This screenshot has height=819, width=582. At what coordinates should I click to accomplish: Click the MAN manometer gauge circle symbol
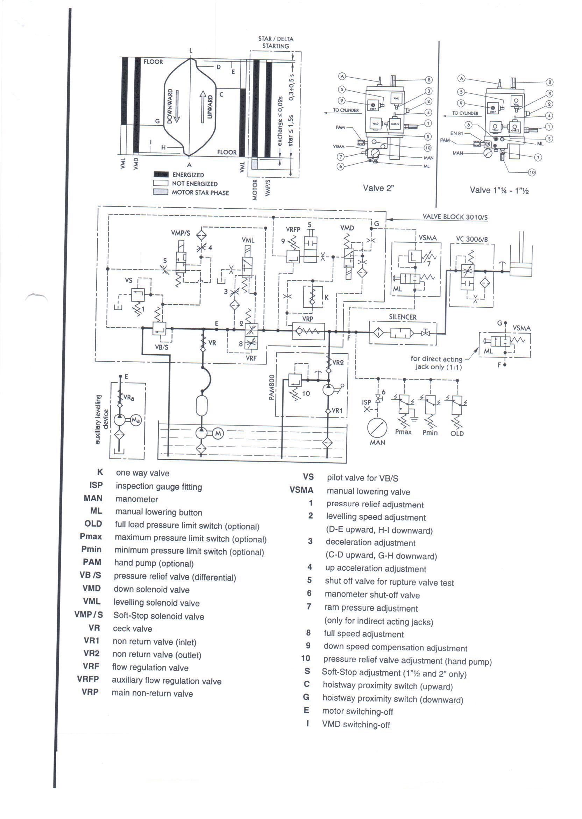click(x=377, y=428)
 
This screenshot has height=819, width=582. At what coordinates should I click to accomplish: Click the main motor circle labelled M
click(x=218, y=434)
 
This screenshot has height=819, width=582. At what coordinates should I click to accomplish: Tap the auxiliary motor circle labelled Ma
click(x=135, y=420)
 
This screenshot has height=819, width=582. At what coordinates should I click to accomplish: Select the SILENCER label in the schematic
click(x=403, y=317)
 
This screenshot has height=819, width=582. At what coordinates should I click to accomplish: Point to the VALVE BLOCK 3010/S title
click(x=455, y=217)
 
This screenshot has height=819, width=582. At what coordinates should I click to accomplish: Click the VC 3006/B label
click(x=471, y=239)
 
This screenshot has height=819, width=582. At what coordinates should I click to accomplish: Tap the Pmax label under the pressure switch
click(x=403, y=432)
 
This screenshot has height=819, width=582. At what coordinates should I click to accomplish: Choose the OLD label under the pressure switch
click(x=457, y=434)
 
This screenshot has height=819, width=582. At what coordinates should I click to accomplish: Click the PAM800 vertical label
click(x=272, y=387)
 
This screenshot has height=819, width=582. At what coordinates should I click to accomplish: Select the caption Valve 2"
click(x=378, y=188)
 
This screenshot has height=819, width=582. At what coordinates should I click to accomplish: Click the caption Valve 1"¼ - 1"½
click(x=499, y=190)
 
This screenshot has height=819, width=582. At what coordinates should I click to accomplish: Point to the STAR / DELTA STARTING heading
click(x=276, y=42)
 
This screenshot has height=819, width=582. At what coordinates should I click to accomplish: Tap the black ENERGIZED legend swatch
click(x=161, y=175)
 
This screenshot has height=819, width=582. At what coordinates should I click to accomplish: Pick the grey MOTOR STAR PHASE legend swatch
click(x=161, y=192)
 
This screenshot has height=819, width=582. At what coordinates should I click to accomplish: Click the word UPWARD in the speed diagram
click(x=210, y=107)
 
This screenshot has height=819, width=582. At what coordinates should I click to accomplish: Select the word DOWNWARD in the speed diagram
click(x=170, y=106)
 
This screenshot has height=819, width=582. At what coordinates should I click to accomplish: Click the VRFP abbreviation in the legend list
click(x=88, y=679)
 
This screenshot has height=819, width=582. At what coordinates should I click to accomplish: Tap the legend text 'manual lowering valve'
click(x=368, y=492)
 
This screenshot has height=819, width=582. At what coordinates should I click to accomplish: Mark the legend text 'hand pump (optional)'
click(x=154, y=563)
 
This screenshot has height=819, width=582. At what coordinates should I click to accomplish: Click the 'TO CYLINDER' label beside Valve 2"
click(x=346, y=111)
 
